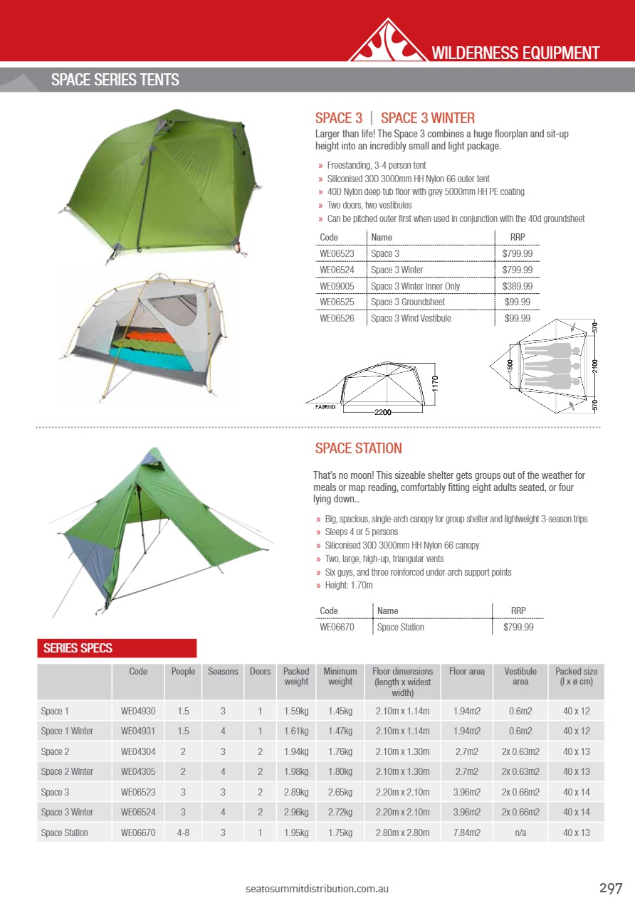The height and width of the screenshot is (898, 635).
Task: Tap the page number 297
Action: [x=611, y=888]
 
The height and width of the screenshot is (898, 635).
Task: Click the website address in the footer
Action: [x=317, y=889]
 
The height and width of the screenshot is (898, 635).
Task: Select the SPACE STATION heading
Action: [x=358, y=448]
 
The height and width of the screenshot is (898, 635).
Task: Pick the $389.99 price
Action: [x=518, y=286]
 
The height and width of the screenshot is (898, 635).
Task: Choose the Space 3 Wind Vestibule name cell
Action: [x=411, y=318]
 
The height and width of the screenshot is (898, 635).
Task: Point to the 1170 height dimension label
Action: [x=435, y=387]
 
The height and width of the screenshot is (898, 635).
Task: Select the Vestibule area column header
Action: [x=520, y=677]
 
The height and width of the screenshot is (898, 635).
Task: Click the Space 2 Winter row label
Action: [x=67, y=771]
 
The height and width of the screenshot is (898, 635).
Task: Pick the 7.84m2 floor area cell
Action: [x=466, y=833]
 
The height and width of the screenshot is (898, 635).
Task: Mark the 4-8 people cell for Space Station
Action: [x=183, y=833]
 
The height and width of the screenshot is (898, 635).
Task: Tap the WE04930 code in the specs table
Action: [x=138, y=711]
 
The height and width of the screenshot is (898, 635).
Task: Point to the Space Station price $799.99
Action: [x=518, y=627]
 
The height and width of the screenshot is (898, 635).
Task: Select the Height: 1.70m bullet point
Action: [x=350, y=585]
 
